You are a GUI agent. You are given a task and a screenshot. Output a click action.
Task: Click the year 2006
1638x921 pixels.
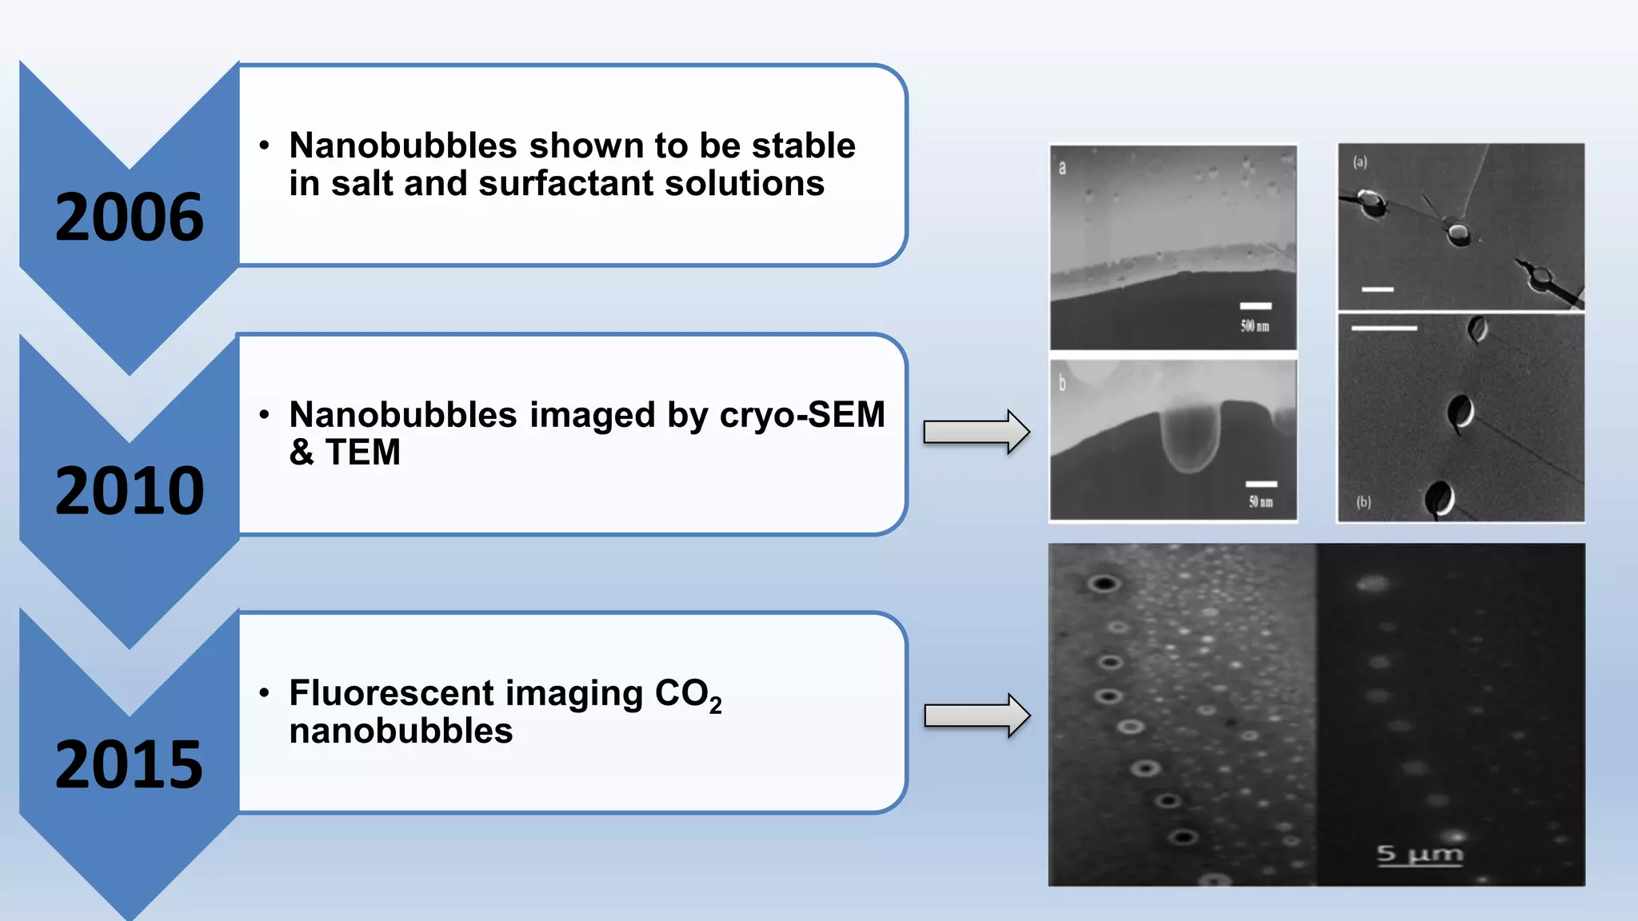tap(130, 217)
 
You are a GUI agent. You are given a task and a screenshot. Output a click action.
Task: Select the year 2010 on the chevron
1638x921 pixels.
tap(130, 491)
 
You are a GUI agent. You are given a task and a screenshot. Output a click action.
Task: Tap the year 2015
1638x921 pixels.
tap(130, 765)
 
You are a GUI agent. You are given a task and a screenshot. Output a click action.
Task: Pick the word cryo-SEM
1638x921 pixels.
tap(802, 414)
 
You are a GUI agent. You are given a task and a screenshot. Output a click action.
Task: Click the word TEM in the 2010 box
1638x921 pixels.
tap(362, 453)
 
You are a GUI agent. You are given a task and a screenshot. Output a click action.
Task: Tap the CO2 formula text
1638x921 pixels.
tap(688, 694)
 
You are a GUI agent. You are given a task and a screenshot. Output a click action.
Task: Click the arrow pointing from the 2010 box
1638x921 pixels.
tap(977, 432)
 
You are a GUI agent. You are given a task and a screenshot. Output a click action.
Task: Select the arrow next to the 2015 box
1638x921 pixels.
tap(977, 716)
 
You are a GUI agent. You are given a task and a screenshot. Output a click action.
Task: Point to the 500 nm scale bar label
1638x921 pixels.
tap(1255, 326)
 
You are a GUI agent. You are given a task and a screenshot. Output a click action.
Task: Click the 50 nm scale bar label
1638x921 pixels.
tap(1260, 502)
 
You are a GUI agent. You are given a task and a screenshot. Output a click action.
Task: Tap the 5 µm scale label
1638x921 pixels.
tap(1420, 855)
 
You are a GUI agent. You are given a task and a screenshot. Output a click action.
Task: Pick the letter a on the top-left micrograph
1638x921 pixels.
tap(1062, 168)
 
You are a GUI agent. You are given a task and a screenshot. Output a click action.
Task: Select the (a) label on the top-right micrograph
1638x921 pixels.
tap(1360, 162)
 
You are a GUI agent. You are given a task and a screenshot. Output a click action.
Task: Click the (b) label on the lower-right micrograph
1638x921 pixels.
tap(1363, 502)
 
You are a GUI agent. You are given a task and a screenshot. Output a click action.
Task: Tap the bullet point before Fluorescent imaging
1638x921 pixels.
tap(265, 692)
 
